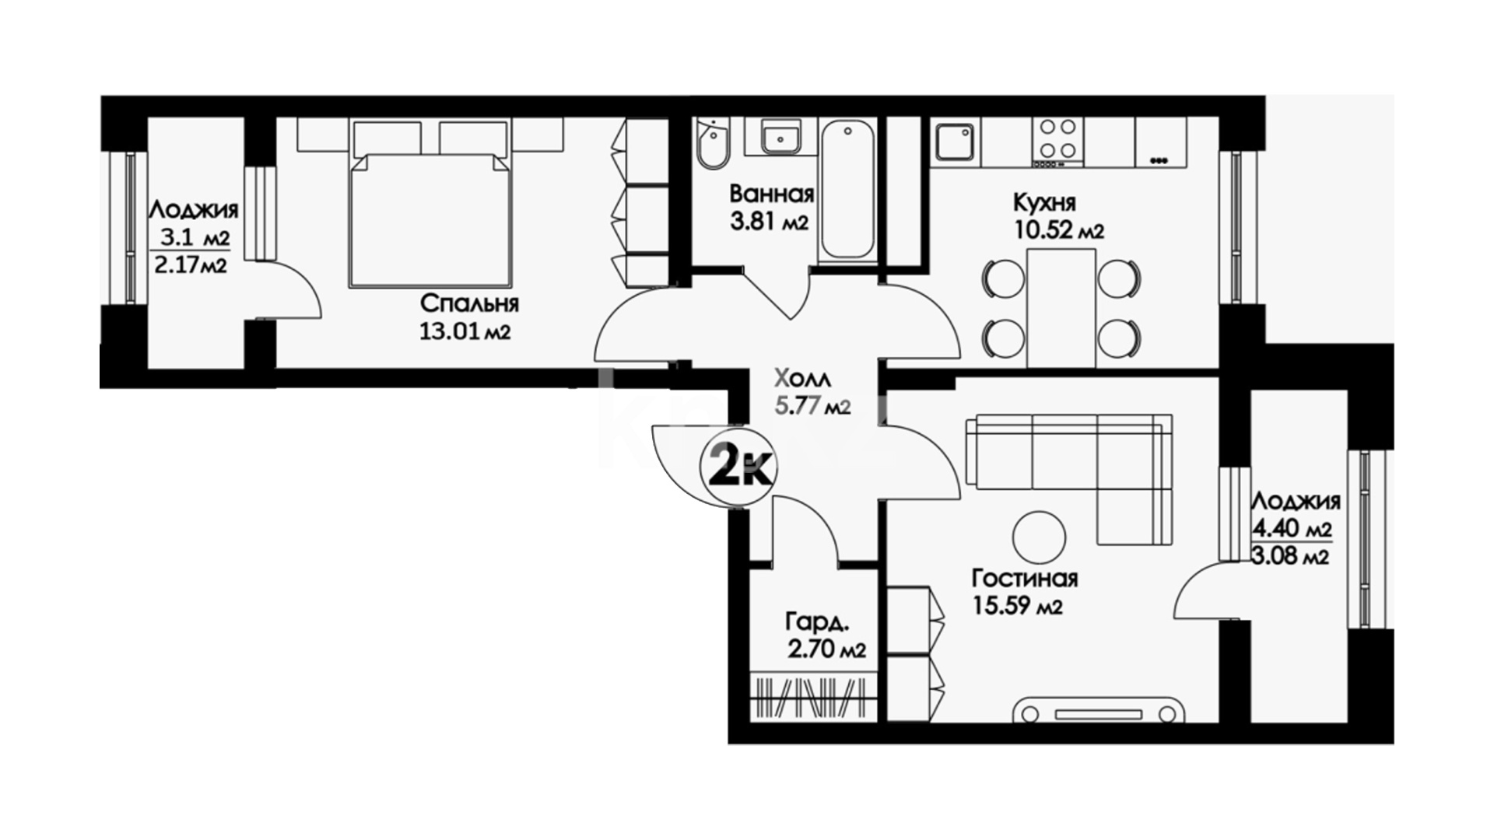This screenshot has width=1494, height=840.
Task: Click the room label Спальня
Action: [x=469, y=304]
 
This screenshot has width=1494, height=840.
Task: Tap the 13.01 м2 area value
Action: [x=465, y=333]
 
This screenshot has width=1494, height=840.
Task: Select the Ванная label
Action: [x=772, y=194]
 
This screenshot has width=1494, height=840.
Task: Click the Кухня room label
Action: [x=1044, y=203]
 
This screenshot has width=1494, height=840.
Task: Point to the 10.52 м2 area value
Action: [x=1058, y=231]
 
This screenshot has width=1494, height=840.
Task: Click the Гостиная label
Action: [x=1025, y=579]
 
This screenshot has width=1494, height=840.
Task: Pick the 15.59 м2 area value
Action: [x=1017, y=607]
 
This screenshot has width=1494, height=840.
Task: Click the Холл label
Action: [x=802, y=380]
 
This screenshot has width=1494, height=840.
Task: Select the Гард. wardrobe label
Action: [x=817, y=622]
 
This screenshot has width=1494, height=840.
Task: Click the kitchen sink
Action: [x=956, y=143]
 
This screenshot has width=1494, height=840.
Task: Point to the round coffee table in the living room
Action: [x=1040, y=536]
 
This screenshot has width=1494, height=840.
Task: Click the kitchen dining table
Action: [x=1061, y=308]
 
